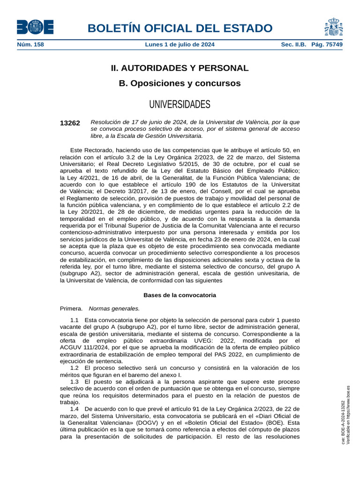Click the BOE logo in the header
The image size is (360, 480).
35,27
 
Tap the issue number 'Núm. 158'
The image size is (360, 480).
30,45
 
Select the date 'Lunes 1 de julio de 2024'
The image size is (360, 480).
180,45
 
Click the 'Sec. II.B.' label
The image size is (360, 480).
293,45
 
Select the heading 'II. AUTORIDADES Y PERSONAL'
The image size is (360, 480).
180,68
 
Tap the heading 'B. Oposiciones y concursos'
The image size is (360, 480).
180,83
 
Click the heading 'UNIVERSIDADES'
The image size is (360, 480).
180,104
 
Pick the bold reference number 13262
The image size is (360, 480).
70,123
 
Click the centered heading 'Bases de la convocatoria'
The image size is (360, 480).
180,295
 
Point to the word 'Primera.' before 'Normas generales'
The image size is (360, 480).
71,308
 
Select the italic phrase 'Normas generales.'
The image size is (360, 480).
114,308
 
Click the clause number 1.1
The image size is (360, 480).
74,320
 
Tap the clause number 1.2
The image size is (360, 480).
74,368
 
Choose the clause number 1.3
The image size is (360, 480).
74,382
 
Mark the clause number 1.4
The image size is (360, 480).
74,409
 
